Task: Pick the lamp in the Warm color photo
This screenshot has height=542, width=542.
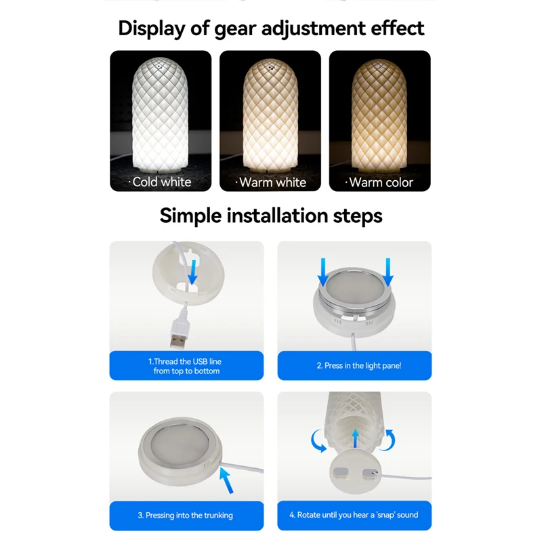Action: (379, 116)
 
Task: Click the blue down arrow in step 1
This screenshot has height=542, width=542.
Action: (192, 272)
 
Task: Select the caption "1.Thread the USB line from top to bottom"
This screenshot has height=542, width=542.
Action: (186, 366)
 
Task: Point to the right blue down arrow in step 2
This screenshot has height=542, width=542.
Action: (388, 272)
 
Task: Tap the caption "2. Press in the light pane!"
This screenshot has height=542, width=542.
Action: (359, 366)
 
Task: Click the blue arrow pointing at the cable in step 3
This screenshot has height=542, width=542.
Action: (226, 480)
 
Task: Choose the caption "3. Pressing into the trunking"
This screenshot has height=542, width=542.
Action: (185, 516)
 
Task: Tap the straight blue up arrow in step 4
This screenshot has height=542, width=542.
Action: (355, 438)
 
